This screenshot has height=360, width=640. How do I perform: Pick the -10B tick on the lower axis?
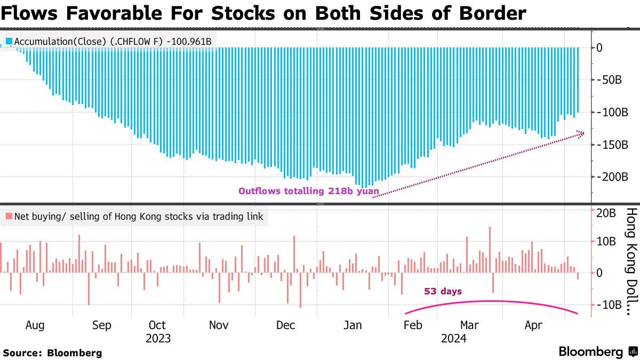pyautogui.click(x=610, y=305)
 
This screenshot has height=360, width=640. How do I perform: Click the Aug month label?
pyautogui.click(x=35, y=325)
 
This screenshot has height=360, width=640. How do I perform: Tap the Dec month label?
pyautogui.click(x=286, y=325)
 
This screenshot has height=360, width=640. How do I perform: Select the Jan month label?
pyautogui.click(x=353, y=325)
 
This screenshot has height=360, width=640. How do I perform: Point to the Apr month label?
pyautogui.click(x=534, y=325)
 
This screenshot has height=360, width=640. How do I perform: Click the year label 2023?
pyautogui.click(x=158, y=338)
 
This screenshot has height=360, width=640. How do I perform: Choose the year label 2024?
pyautogui.click(x=453, y=338)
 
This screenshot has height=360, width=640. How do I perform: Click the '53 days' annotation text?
pyautogui.click(x=443, y=292)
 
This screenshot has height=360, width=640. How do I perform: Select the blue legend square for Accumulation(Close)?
pyautogui.click(x=9, y=41)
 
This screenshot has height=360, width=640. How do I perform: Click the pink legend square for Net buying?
pyautogui.click(x=9, y=217)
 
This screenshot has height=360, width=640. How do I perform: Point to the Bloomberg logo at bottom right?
pyautogui.click(x=597, y=351)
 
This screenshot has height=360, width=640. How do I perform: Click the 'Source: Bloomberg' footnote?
pyautogui.click(x=52, y=353)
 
